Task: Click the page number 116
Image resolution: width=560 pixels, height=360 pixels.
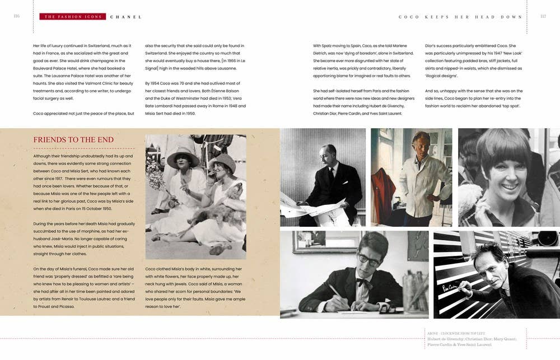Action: (16, 16)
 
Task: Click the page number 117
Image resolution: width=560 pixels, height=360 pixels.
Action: (543, 16)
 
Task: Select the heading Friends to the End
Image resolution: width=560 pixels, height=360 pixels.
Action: (73, 140)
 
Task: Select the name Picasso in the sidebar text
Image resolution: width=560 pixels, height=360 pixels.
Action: (66, 306)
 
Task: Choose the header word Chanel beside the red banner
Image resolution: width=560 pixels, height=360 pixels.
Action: (125, 17)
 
